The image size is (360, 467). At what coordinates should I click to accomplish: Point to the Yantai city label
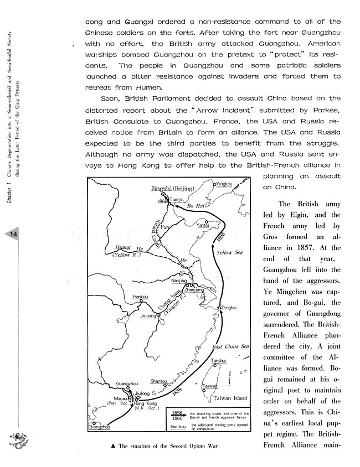click(205, 226)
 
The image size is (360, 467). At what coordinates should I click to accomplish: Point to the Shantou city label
click(160, 381)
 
